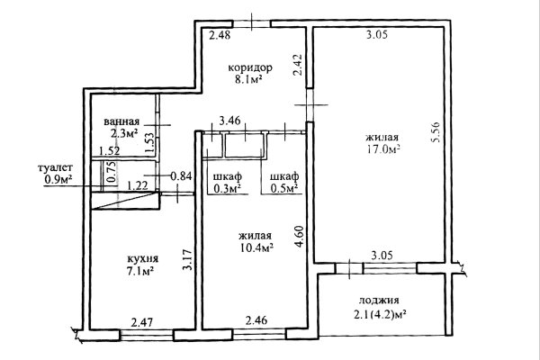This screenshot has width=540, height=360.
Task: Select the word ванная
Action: click(x=121, y=121)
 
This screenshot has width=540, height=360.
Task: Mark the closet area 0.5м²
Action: click(x=280, y=189)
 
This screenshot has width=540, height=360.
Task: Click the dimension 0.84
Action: click(x=181, y=175)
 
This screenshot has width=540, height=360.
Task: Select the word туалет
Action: click(x=56, y=167)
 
